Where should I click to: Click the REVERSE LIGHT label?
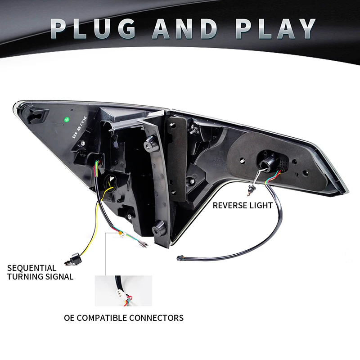243,206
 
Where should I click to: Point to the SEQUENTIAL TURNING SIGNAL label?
40,272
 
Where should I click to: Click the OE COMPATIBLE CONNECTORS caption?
124,318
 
